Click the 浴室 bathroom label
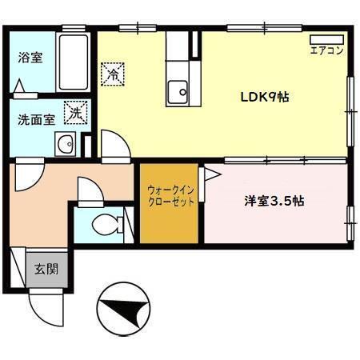(31, 58)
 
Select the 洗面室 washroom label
(37, 119)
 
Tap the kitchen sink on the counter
(178, 92)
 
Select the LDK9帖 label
(265, 97)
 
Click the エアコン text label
(326, 51)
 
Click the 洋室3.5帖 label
(274, 202)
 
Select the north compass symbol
(121, 306)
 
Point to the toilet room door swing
(86, 192)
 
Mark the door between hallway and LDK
(113, 146)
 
